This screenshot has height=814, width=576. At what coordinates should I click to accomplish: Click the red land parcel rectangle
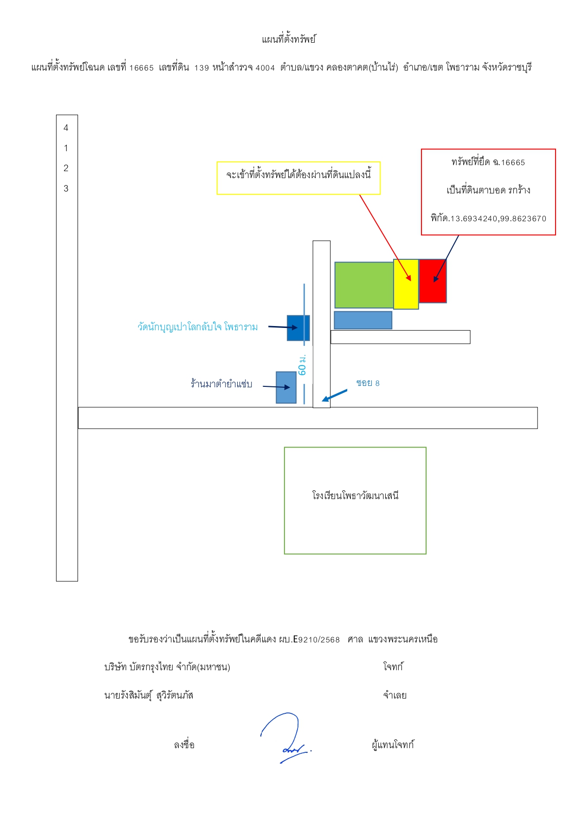(433, 281)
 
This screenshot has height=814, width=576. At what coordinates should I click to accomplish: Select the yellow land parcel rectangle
(406, 284)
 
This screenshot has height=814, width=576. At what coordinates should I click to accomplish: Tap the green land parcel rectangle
(364, 285)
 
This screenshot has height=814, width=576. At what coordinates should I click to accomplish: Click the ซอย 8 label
(368, 383)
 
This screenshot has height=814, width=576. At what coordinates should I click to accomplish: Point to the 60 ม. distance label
(302, 365)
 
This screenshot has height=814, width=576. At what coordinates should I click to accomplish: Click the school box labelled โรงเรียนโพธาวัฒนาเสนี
(355, 500)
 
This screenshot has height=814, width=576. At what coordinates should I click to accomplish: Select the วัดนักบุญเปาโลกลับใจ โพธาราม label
(197, 327)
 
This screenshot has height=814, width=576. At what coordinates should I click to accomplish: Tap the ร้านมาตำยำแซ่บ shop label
(221, 384)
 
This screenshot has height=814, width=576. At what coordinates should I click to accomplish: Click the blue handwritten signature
(285, 737)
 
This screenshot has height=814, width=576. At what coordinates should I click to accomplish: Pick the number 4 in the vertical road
(66, 128)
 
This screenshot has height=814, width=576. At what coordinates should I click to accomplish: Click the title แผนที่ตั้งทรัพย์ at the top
(288, 39)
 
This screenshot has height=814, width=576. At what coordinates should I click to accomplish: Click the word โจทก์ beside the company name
(393, 667)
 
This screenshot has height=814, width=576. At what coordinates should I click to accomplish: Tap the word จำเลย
(395, 695)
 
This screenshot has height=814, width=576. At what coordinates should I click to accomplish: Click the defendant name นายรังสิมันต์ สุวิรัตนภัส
(149, 695)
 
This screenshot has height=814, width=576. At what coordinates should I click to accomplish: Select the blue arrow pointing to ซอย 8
(334, 396)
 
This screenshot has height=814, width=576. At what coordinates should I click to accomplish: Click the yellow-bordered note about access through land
(298, 178)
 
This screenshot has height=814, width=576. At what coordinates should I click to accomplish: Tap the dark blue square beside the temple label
(298, 328)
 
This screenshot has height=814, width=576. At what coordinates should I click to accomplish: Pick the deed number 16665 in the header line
(141, 68)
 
